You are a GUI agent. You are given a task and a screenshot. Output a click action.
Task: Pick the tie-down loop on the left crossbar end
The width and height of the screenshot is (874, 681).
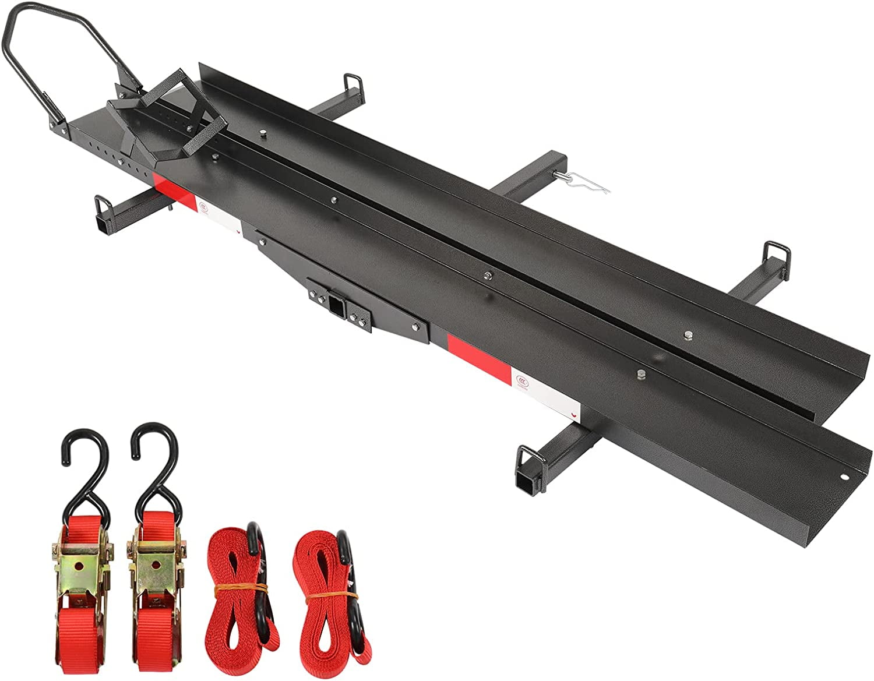coord(103,206)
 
